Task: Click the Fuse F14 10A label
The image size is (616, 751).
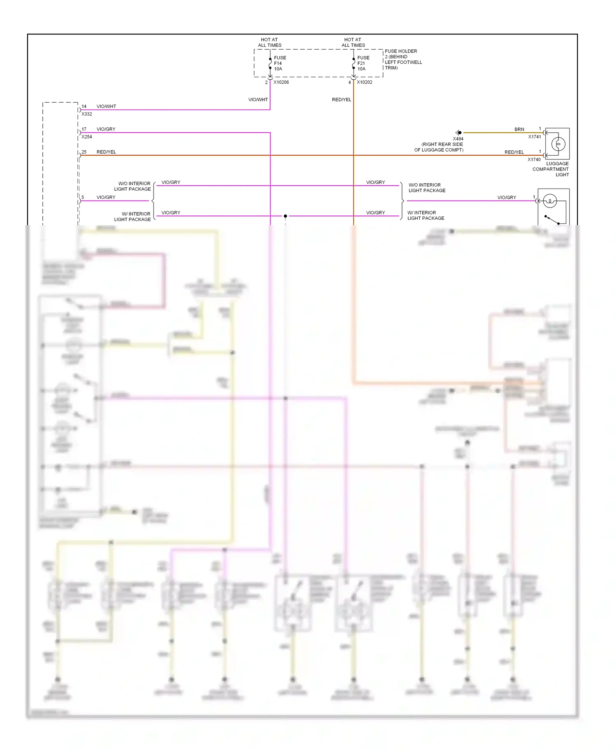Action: pyautogui.click(x=280, y=63)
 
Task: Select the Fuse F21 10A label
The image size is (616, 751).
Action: pyautogui.click(x=363, y=63)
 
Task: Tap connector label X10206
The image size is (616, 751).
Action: pyautogui.click(x=281, y=82)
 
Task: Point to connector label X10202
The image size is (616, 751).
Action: pyautogui.click(x=364, y=82)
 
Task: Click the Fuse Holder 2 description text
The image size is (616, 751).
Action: pyautogui.click(x=403, y=60)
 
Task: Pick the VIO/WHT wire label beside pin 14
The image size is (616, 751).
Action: pyautogui.click(x=106, y=106)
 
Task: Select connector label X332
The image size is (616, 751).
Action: pyautogui.click(x=87, y=114)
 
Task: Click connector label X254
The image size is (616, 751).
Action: pyautogui.click(x=87, y=137)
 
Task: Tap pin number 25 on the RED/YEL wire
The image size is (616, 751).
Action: pyautogui.click(x=84, y=152)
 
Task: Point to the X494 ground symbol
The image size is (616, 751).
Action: pyautogui.click(x=459, y=133)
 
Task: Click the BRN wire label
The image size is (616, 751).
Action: pyautogui.click(x=519, y=129)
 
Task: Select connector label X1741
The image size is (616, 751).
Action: pyautogui.click(x=534, y=137)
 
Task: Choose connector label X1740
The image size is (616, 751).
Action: pyautogui.click(x=534, y=159)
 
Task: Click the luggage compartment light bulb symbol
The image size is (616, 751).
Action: pyautogui.click(x=558, y=144)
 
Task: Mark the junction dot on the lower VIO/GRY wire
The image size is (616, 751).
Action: pyautogui.click(x=285, y=216)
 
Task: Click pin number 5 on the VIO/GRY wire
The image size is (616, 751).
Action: pyautogui.click(x=83, y=197)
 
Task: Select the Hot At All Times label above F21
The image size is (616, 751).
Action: pyautogui.click(x=353, y=42)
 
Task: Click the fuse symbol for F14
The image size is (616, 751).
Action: pyautogui.click(x=270, y=63)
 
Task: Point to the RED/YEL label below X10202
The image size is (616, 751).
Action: pyautogui.click(x=341, y=99)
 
